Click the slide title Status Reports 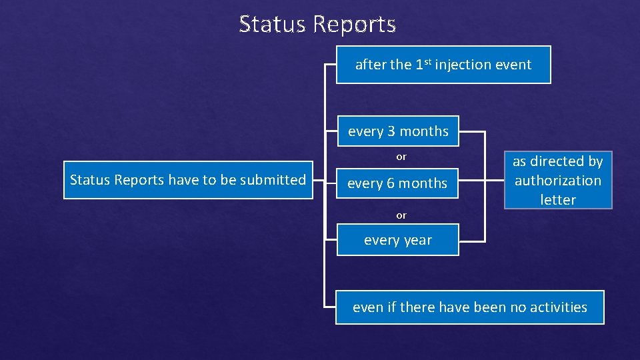click(x=317, y=24)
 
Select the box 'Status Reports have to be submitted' click(x=188, y=180)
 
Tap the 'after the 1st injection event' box click(x=443, y=65)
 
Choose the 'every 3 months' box click(x=398, y=131)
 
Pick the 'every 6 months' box click(x=397, y=183)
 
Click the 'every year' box click(x=398, y=240)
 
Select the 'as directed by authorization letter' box click(x=557, y=180)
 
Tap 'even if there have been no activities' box click(x=469, y=307)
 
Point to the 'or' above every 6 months click(x=401, y=157)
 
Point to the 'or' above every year click(x=401, y=215)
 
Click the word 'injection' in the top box click(x=465, y=65)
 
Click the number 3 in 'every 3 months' click(x=391, y=131)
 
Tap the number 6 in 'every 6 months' click(x=391, y=183)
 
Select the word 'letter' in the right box click(x=557, y=199)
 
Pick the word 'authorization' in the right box click(x=557, y=180)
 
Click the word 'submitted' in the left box click(x=276, y=180)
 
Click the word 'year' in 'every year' click(x=417, y=241)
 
